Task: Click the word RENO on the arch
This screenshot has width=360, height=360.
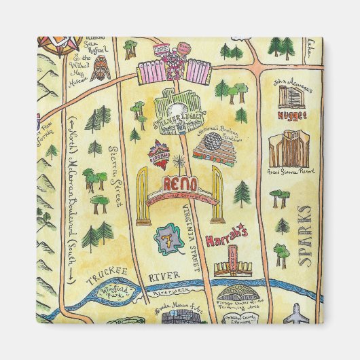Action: point(181,183)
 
